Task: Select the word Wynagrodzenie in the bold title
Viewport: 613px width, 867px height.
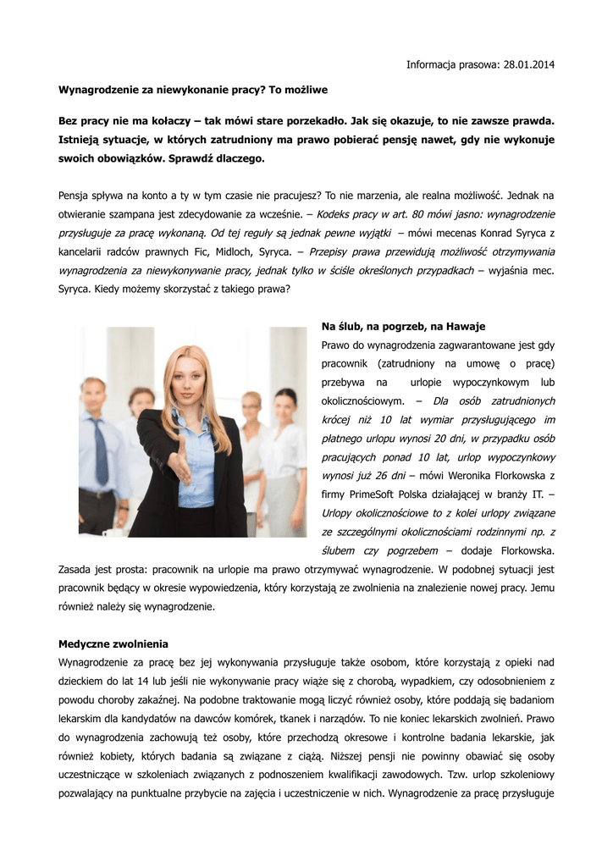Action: (x=97, y=89)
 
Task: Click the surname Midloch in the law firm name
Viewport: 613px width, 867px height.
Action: (x=235, y=251)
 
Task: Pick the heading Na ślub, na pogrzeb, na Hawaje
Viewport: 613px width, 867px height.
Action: (x=404, y=326)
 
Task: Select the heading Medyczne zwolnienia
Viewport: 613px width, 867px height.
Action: (x=113, y=643)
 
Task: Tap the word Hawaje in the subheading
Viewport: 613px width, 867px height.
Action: (x=466, y=326)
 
